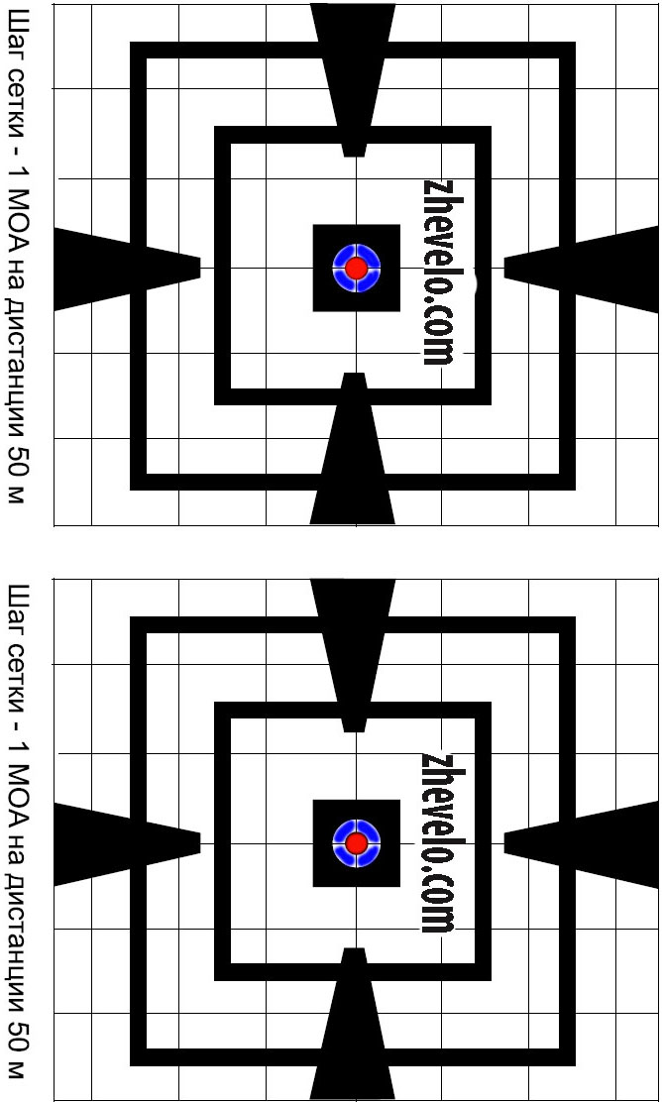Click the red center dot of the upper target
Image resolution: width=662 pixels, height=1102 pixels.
click(357, 268)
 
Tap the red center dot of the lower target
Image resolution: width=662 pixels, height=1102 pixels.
click(357, 843)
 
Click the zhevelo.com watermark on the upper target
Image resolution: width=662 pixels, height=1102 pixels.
click(439, 272)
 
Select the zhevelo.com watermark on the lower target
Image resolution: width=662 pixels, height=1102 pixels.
click(439, 842)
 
